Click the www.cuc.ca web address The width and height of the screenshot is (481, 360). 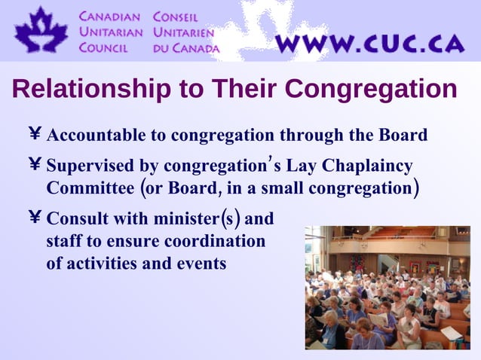369,43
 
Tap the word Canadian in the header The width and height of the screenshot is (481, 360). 112,16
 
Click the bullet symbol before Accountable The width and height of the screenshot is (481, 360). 34,136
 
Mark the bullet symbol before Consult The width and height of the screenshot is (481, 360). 34,219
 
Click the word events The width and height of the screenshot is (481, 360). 202,264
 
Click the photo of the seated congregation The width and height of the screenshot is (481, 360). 388,287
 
